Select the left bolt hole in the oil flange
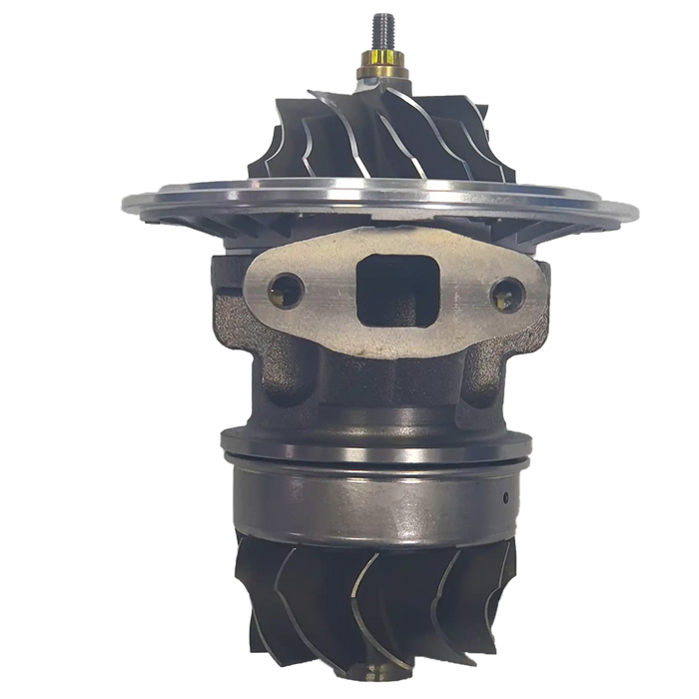[288, 290]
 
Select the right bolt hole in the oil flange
[508, 292]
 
